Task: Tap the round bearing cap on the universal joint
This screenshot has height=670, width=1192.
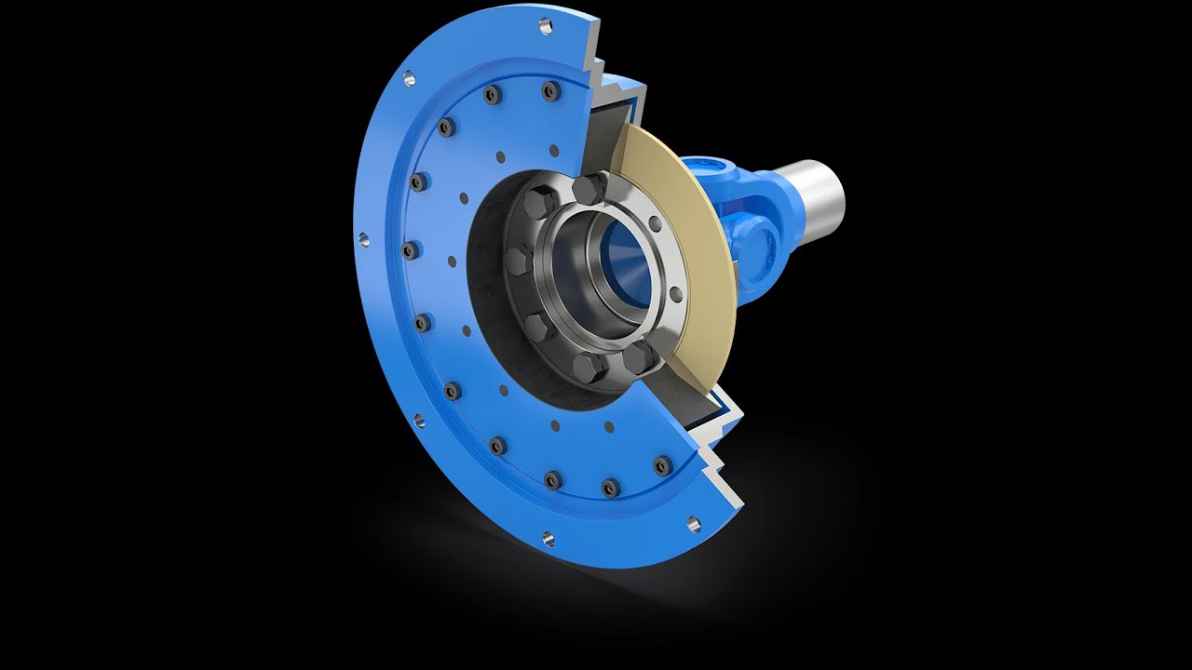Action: click(x=772, y=244)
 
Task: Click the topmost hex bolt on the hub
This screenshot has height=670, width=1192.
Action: click(x=589, y=190)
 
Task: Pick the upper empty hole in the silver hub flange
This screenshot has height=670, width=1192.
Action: click(x=655, y=222)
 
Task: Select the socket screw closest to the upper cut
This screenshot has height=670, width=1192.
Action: click(x=551, y=91)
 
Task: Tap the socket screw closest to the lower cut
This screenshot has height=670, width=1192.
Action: click(x=662, y=466)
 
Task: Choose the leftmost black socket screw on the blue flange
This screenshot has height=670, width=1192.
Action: click(x=408, y=249)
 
